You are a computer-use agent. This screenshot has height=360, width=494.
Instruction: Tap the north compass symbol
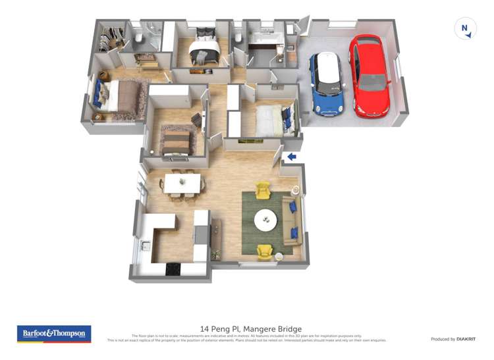pyautogui.click(x=465, y=28)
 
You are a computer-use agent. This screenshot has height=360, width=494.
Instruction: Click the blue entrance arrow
pyautogui.click(x=290, y=157)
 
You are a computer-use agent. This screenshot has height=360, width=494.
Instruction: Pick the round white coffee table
pyautogui.click(x=266, y=219)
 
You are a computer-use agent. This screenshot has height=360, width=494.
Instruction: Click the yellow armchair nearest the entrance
pyautogui.click(x=263, y=190)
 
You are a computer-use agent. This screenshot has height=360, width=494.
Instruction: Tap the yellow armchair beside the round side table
pyautogui.click(x=264, y=251)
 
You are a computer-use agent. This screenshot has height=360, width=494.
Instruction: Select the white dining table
pyautogui.click(x=182, y=183)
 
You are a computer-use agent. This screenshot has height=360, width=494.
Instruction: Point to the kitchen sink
pyautogui.click(x=145, y=247)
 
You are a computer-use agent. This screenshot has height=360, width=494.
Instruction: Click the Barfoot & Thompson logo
pyautogui.click(x=55, y=334)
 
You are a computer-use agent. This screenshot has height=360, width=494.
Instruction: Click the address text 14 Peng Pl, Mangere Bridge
pyautogui.click(x=250, y=328)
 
